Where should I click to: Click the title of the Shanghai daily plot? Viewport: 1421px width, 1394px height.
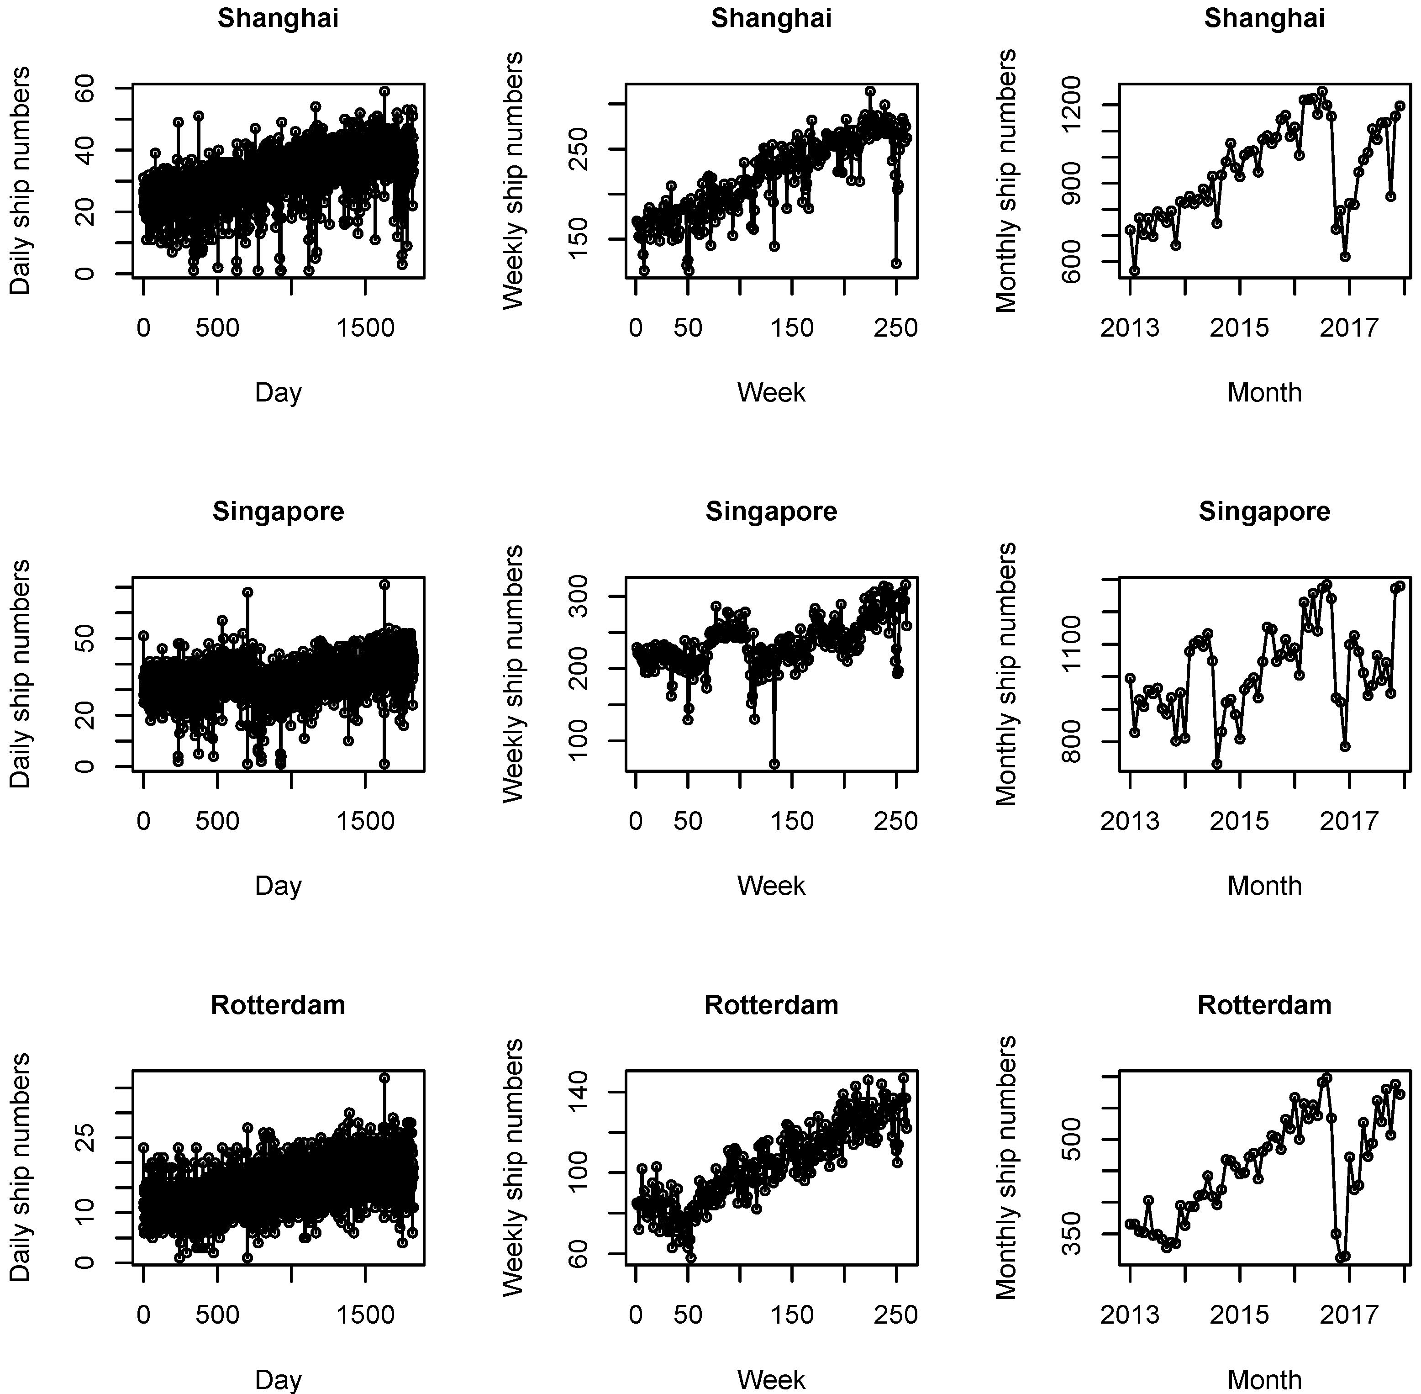[x=278, y=18]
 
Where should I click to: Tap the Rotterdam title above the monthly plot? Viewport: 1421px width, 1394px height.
[x=1264, y=1004]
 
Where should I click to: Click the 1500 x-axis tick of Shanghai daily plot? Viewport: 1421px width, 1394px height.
[x=365, y=327]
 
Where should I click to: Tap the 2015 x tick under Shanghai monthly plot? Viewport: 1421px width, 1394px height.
[x=1239, y=327]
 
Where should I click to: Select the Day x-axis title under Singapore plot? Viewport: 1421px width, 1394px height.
[x=278, y=886]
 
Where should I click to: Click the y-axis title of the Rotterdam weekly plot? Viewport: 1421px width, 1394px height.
[x=513, y=1167]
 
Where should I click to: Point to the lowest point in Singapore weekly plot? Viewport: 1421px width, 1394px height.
[x=774, y=764]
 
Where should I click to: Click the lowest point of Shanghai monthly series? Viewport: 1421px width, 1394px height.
[x=1134, y=270]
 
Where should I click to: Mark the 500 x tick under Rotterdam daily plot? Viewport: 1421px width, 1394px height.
[x=217, y=1314]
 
